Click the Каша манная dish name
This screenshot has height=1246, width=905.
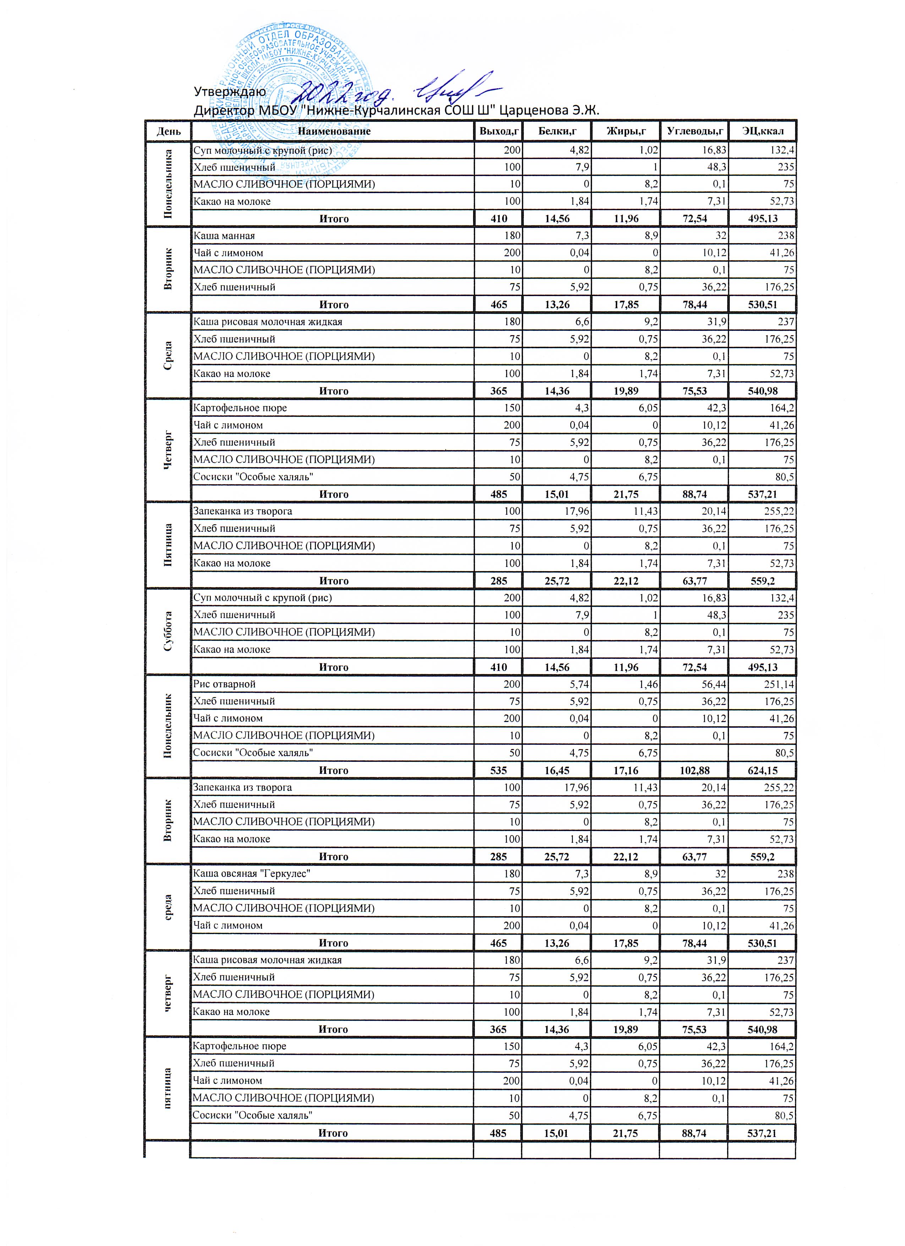pos(224,236)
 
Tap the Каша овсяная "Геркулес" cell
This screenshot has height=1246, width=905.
pos(252,874)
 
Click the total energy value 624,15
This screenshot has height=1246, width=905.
pos(762,771)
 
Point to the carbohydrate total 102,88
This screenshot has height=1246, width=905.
pos(694,771)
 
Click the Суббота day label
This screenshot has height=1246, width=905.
pos(168,632)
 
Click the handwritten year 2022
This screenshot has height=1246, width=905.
pos(329,88)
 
